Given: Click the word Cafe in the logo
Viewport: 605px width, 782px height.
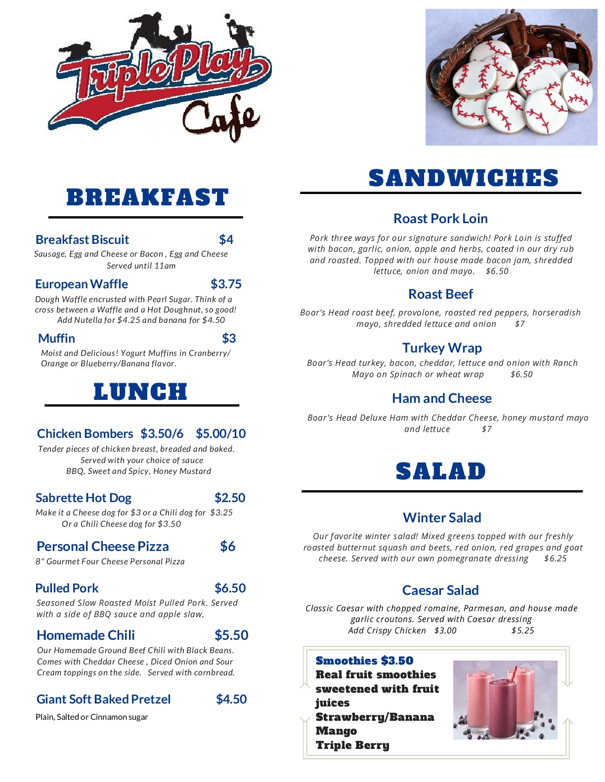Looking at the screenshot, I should [221, 118].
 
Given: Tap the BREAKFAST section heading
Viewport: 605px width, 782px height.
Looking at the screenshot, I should [147, 197].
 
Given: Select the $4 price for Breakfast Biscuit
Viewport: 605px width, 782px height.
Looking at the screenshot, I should [226, 239].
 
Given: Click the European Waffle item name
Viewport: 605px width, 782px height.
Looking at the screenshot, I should [82, 284].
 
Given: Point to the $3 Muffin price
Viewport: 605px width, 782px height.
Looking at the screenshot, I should [229, 338].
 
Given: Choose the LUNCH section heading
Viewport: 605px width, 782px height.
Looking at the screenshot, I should [141, 392].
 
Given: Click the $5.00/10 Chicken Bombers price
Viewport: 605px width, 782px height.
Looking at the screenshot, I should [220, 433].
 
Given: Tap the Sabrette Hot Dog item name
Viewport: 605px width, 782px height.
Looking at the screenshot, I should [84, 498].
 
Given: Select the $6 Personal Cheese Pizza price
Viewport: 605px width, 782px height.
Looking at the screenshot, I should [227, 546].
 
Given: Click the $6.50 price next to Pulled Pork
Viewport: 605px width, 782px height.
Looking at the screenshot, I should [230, 588].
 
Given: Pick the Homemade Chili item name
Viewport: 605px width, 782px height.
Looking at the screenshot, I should [86, 635].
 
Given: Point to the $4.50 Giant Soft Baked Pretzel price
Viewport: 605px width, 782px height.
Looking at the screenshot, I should [231, 699].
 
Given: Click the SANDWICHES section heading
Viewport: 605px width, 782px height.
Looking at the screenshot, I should [463, 178].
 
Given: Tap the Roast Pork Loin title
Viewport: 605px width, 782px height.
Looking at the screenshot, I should [440, 218].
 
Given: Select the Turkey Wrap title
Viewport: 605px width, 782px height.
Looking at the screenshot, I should [442, 348].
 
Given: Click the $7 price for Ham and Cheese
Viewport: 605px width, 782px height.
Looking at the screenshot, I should [487, 429].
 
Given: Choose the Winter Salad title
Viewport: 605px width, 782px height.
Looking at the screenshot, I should [442, 517].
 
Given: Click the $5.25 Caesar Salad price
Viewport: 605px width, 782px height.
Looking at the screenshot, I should [522, 630].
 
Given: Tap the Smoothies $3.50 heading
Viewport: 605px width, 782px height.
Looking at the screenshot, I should [364, 661].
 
